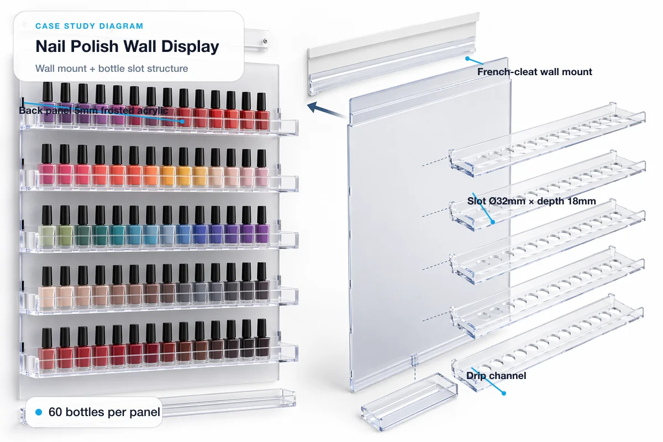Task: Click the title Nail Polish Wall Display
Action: tap(127, 46)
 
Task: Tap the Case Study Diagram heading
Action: tap(89, 26)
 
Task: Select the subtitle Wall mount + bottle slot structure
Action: tap(112, 69)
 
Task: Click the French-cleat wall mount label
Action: tap(534, 72)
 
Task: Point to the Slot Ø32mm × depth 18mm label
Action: tap(531, 201)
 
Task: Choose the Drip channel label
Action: tap(496, 376)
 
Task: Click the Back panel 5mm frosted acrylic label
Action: tap(93, 110)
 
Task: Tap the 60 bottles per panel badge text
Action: tap(104, 412)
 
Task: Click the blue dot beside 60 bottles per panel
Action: tap(39, 412)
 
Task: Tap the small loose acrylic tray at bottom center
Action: tap(409, 397)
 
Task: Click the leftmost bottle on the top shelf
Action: tap(48, 105)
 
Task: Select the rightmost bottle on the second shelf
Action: tap(262, 167)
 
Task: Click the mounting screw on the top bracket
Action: tap(266, 40)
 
